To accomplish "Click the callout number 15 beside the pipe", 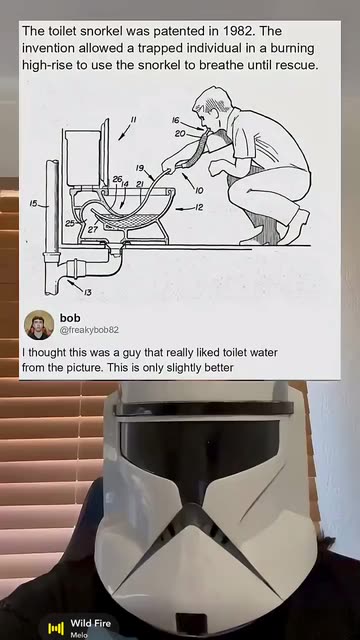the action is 34,203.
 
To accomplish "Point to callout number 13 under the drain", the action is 88,292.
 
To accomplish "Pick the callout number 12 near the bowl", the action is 198,208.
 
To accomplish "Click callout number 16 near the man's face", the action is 176,120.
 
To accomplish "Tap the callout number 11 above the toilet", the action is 133,120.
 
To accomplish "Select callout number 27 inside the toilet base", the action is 92,229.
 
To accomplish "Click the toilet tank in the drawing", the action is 82,157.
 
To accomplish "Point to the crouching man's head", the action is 211,105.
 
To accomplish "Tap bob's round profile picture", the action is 39,325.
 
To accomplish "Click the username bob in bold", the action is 70,318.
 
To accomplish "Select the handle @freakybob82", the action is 89,330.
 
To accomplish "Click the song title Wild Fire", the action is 91,623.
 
